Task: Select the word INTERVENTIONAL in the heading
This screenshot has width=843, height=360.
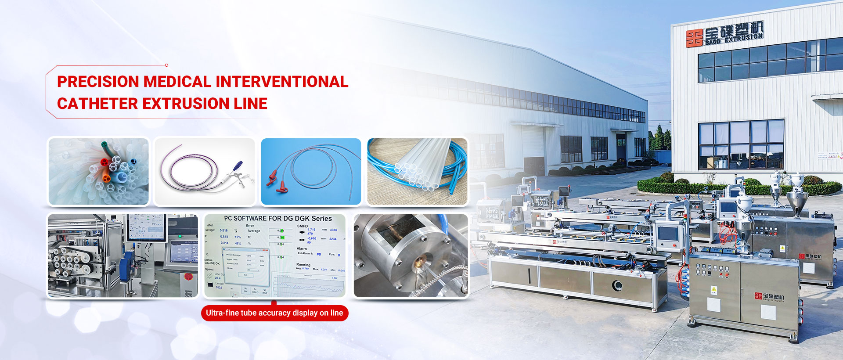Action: [x=281, y=82]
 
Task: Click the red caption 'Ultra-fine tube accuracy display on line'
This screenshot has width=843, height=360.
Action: [x=274, y=313]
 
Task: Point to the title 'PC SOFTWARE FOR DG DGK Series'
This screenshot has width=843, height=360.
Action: [x=278, y=218]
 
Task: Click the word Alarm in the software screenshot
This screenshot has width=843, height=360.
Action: [x=302, y=248]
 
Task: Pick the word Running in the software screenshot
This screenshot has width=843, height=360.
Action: [x=303, y=265]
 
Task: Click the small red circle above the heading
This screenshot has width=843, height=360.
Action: [x=166, y=65]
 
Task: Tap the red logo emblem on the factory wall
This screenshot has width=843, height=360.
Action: [x=694, y=38]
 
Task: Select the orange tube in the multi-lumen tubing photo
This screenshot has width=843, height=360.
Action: [x=106, y=178]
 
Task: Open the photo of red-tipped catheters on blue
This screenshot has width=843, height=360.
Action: [x=311, y=172]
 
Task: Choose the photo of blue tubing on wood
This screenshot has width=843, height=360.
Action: [x=417, y=172]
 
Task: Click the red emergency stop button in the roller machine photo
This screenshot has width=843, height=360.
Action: [x=189, y=277]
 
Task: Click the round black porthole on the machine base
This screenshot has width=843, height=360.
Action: [x=617, y=286]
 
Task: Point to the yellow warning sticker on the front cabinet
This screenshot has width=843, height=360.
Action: [x=713, y=290]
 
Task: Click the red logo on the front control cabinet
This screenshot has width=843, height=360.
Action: [x=758, y=296]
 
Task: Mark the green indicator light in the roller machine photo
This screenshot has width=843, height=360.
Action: [x=180, y=236]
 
